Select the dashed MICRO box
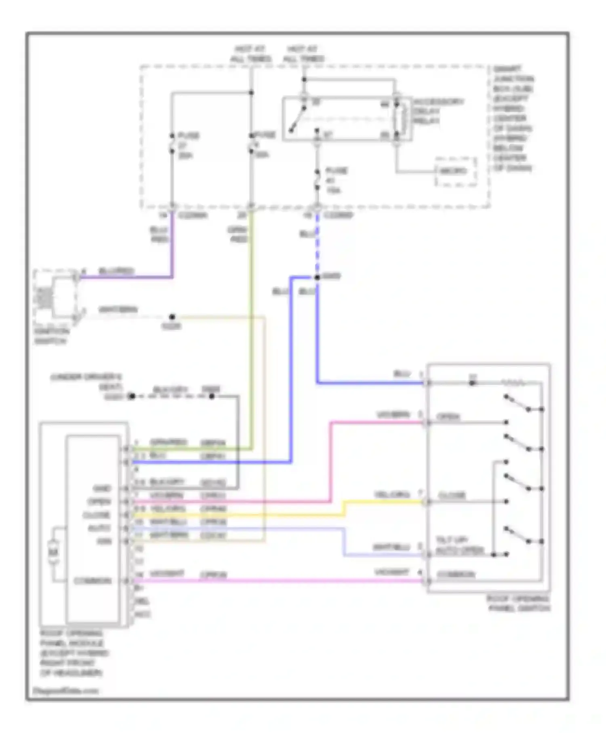click(455, 171)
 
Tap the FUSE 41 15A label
click(336, 180)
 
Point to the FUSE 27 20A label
click(188, 145)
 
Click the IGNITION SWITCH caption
click(51, 336)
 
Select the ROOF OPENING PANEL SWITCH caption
click(518, 603)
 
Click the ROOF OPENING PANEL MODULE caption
click(73, 653)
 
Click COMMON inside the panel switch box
click(456, 574)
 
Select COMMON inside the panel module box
click(93, 581)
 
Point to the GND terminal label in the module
click(102, 489)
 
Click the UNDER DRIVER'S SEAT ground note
click(86, 382)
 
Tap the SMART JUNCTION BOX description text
click(512, 118)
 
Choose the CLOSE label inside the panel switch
click(452, 495)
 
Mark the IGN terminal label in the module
click(104, 541)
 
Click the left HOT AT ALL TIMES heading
click(250, 54)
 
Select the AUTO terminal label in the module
click(99, 528)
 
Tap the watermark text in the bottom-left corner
click(65, 691)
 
